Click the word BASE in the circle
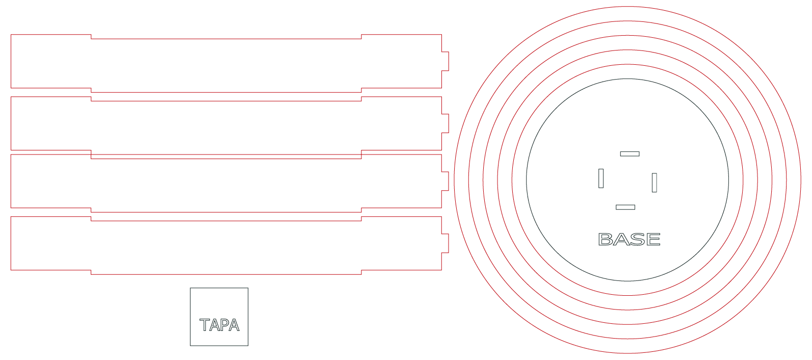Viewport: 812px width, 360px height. [x=629, y=239]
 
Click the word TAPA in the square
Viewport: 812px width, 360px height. [x=219, y=325]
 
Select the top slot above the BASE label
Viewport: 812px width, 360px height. [x=630, y=153]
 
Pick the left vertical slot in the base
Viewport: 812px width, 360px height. [x=600, y=178]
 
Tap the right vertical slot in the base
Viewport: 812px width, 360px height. [x=654, y=183]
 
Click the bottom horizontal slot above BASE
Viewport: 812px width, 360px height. [x=625, y=207]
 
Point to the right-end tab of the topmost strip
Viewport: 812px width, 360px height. [x=445, y=61]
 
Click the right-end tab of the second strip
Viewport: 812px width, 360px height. [x=445, y=123]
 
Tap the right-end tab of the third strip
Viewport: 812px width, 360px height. [x=445, y=181]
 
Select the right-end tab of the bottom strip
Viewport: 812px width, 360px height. [x=445, y=243]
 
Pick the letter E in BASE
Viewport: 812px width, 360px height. [x=653, y=239]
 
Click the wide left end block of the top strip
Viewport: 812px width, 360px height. [x=51, y=61]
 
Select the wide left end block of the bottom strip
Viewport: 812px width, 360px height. [x=51, y=243]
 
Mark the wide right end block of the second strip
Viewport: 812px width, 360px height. [x=402, y=123]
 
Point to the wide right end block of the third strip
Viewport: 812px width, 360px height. [x=402, y=181]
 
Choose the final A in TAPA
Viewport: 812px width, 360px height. [x=234, y=325]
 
